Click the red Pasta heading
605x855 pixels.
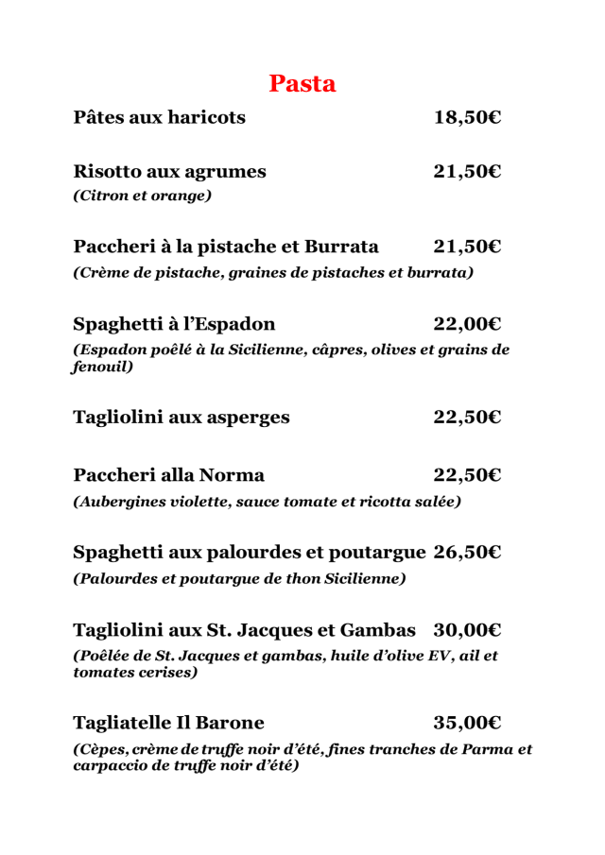coord(302,83)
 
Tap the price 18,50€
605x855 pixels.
coord(467,117)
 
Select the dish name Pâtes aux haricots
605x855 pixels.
coord(159,117)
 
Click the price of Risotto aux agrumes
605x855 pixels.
coord(467,171)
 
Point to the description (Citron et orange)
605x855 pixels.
coord(142,197)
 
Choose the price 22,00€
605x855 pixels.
coord(467,325)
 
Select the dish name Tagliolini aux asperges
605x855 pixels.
coord(181,417)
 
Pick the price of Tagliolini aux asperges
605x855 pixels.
coord(467,417)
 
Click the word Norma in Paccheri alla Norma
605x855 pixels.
coord(233,474)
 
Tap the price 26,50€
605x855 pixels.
coord(467,551)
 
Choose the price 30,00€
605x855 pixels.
coord(467,629)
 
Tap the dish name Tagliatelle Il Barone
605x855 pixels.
coord(168,723)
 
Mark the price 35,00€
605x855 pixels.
coord(467,723)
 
